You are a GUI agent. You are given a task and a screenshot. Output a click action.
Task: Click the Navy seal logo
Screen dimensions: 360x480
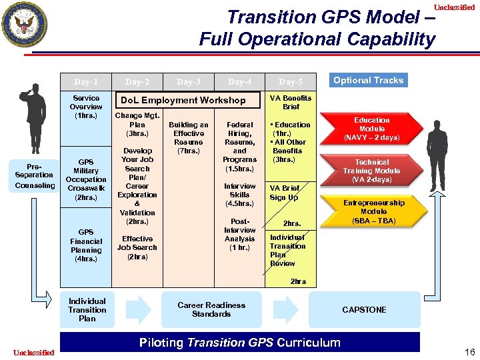(25, 25)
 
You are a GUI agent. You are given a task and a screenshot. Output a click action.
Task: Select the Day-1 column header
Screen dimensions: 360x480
(86, 82)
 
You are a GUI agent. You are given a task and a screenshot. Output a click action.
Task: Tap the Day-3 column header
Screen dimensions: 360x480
(189, 82)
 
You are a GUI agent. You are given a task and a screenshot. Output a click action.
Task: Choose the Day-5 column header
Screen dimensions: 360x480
(290, 82)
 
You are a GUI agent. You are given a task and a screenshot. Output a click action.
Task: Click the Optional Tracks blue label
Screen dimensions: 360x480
(368, 81)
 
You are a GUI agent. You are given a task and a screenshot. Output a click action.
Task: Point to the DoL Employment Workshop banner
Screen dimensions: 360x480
(181, 100)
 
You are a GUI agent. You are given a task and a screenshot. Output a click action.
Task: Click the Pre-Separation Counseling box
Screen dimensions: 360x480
(34, 175)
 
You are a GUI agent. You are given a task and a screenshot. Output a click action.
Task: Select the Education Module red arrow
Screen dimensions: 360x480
(371, 129)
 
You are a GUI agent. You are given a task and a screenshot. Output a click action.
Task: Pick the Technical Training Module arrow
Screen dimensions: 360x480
(372, 171)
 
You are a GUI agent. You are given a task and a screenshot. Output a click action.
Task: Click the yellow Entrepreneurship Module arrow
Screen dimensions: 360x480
(373, 211)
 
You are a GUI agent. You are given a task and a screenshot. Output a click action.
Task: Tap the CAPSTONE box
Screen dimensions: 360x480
(364, 309)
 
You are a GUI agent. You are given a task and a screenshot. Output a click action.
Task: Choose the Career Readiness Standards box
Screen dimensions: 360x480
(211, 309)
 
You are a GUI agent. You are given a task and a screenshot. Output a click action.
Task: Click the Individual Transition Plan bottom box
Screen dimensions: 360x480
(87, 309)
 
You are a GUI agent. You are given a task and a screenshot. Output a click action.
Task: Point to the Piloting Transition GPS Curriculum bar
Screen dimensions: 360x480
(240, 343)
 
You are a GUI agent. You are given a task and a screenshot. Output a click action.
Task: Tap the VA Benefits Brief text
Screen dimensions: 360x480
(291, 102)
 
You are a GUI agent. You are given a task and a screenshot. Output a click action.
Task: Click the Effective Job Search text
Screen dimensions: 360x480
(137, 247)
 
